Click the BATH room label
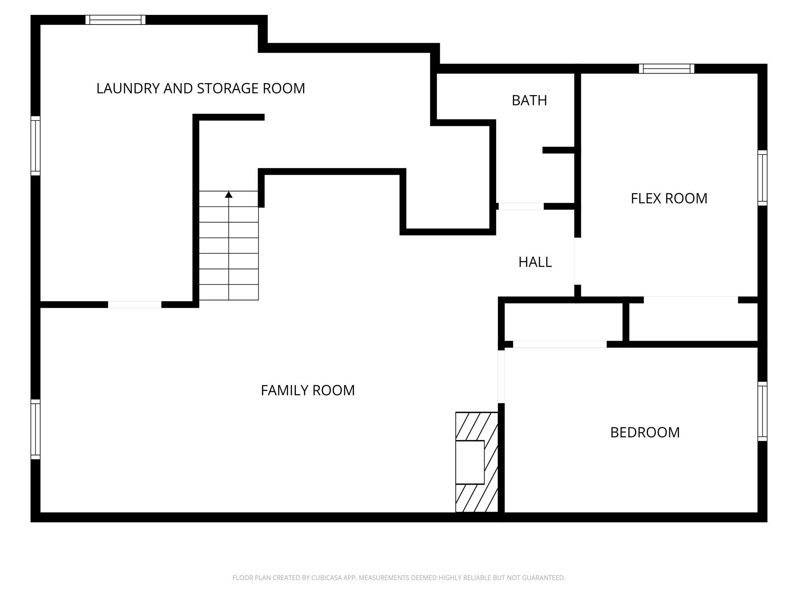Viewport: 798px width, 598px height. point(529,100)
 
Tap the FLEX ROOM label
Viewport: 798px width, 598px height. point(669,199)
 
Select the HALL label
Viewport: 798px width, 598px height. point(535,262)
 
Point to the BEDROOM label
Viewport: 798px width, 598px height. point(645,432)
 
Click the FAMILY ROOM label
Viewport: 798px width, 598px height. point(308,390)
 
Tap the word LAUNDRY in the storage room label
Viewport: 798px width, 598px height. point(128,89)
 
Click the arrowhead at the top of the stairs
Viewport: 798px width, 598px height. point(229,195)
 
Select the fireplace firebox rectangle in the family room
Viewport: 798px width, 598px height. point(470,462)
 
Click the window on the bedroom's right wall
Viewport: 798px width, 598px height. point(762,411)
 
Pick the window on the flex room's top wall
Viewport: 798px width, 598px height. point(666,69)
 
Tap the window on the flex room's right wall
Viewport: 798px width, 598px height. point(762,177)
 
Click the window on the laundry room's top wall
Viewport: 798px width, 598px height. point(115,20)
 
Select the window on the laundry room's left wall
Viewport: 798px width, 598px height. point(35,146)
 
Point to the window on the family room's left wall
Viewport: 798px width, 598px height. point(35,429)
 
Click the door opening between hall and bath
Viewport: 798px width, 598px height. point(521,206)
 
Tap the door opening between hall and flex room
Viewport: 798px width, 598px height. point(577,261)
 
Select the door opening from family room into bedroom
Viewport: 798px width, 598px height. point(501,376)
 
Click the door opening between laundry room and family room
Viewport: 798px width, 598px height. point(134,304)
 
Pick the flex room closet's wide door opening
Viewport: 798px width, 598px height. point(691,300)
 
